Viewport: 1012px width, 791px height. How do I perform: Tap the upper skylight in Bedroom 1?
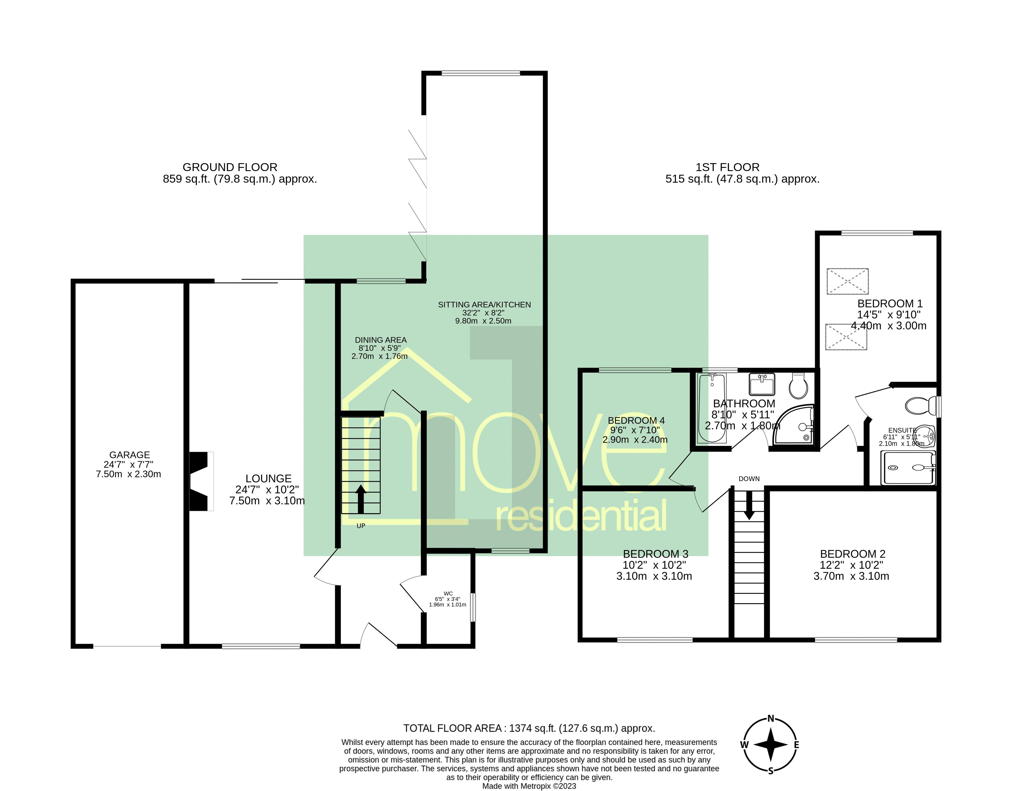(847, 281)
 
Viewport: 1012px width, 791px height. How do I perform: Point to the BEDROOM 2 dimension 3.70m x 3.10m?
(851, 576)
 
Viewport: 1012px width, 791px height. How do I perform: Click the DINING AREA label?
(380, 340)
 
